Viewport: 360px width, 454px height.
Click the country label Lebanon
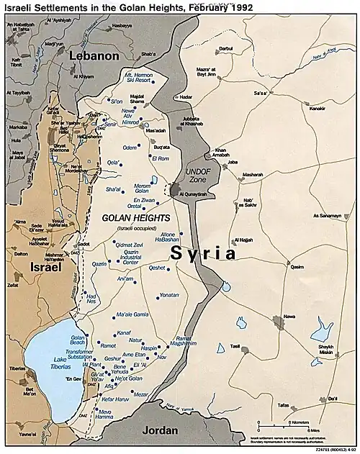click(94, 55)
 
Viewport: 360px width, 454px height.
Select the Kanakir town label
click(319, 110)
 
